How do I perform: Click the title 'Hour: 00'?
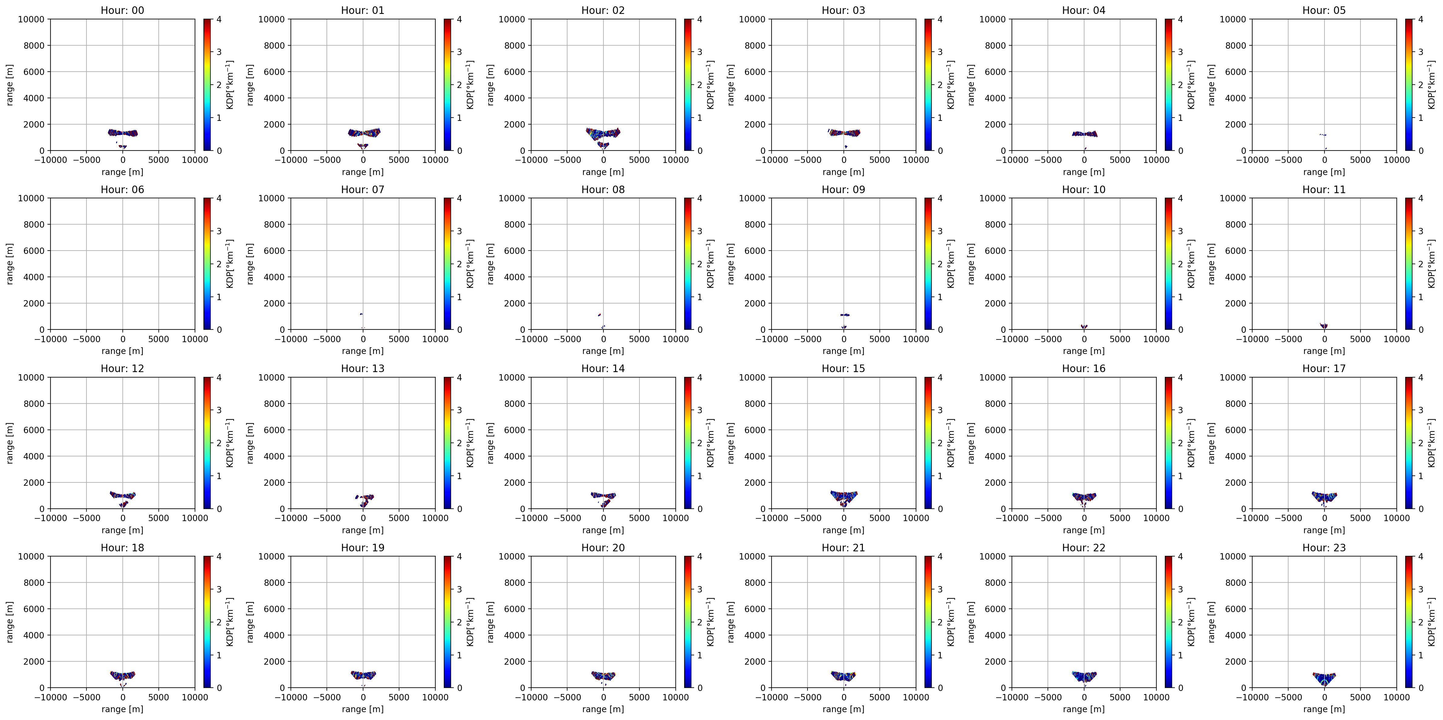click(122, 10)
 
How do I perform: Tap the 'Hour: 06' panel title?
click(122, 189)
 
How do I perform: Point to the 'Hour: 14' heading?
click(603, 368)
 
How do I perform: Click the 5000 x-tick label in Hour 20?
click(639, 697)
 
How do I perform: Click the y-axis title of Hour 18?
click(9, 622)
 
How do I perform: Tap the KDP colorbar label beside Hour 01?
click(470, 85)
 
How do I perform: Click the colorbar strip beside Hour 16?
click(1168, 443)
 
